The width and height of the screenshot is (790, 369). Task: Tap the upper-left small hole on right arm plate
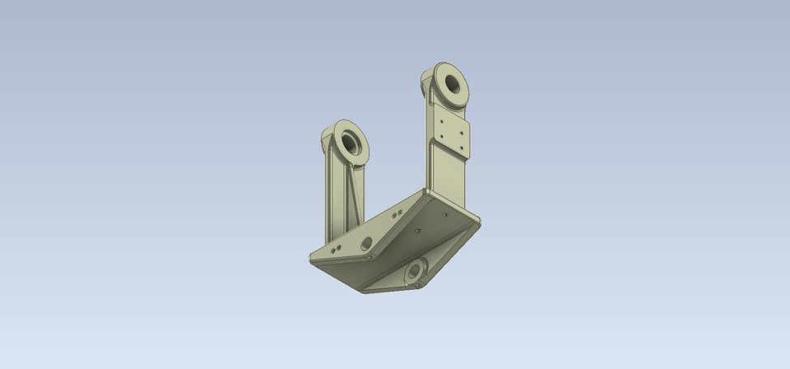pos(443,119)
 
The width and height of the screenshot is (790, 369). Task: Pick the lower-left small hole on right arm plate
pos(443,135)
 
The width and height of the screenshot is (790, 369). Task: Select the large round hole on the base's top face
pos(366,243)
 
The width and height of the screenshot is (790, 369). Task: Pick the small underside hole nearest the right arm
pos(444,215)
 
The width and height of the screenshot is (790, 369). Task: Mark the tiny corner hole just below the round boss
pos(419,285)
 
